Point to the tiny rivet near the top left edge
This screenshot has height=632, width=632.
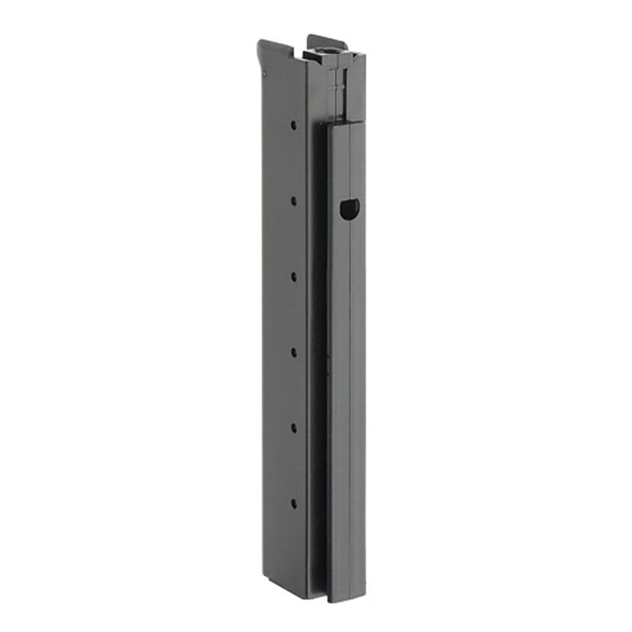pos(265,74)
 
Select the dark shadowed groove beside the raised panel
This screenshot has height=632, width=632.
pos(319,351)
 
